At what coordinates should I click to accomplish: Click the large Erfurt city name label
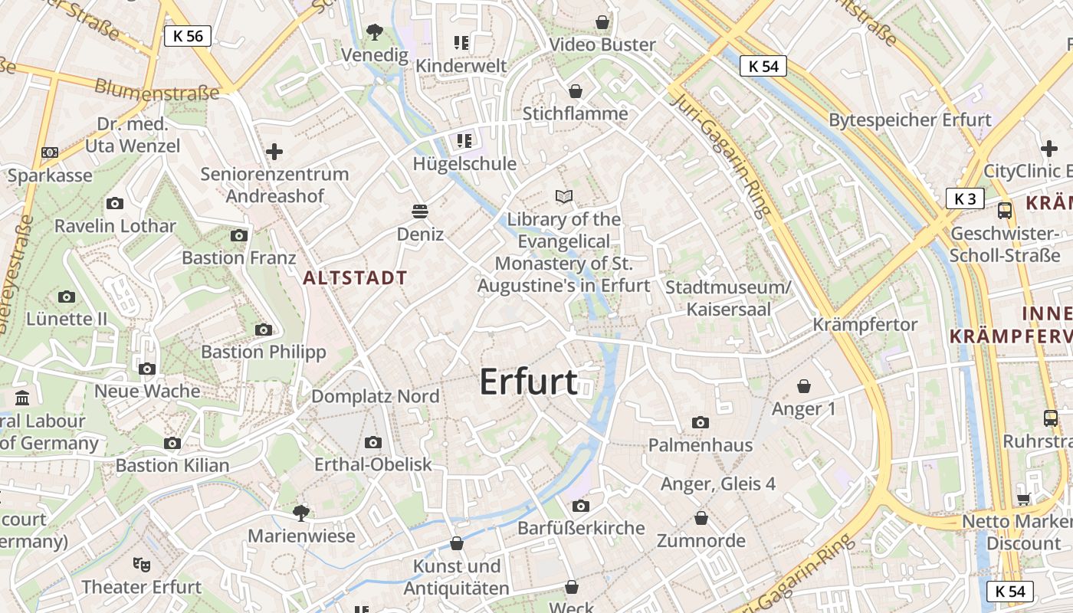point(528,382)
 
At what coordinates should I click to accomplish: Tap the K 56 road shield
point(188,35)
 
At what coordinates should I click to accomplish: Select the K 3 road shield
point(965,198)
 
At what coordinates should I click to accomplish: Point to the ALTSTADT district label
point(356,278)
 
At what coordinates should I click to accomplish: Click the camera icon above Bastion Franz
point(239,236)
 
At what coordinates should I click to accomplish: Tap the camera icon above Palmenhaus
point(700,423)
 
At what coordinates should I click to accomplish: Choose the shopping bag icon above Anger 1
point(803,386)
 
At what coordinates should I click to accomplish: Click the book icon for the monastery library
point(564,197)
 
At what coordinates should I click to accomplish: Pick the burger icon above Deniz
point(420,211)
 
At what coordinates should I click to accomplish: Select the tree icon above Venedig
point(374,32)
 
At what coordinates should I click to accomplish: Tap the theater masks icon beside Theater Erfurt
point(141,565)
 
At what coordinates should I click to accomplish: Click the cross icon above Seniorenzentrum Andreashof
point(274,151)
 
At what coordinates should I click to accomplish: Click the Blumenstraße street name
point(156,89)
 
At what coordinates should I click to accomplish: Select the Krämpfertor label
point(865,324)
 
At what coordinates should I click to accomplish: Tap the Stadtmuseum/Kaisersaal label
point(728,298)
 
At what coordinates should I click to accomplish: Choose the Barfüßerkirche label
point(581,528)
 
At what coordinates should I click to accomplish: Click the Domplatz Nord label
point(376,396)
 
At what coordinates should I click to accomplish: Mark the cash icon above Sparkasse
point(50,152)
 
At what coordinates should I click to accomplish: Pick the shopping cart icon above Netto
point(1022,500)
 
